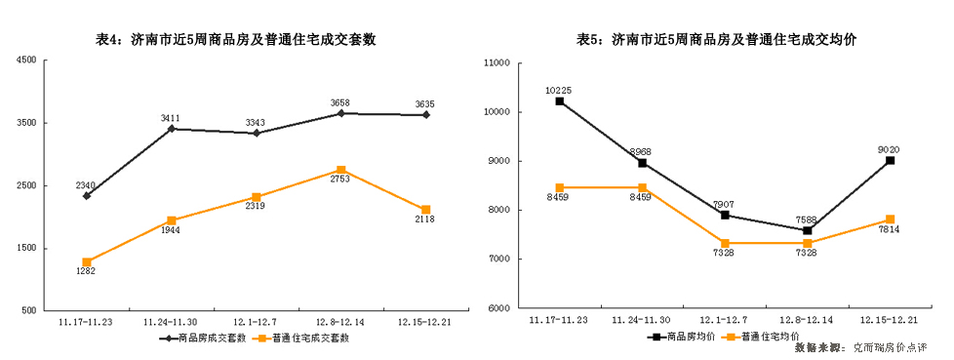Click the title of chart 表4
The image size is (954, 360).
236,40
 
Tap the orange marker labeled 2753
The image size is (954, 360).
340,170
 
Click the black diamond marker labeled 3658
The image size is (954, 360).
340,113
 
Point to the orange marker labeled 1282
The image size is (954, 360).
87,261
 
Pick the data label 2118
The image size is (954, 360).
424,220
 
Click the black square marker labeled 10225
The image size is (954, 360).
559,101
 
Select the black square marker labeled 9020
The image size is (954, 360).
890,160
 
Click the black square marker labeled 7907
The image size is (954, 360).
725,215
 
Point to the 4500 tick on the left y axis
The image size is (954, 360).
26,60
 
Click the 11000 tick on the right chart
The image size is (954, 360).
498,62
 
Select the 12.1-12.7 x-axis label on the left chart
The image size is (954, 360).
255,320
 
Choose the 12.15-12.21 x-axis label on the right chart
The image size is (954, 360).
889,319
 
